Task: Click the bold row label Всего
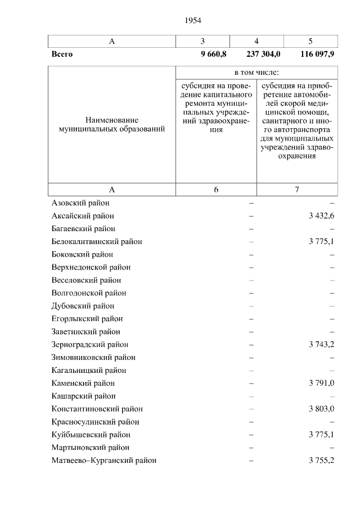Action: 62,55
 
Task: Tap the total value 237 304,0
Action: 263,55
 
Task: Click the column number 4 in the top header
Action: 256,42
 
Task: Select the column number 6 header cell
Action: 216,190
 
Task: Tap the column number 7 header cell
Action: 297,190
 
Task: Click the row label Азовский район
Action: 80,203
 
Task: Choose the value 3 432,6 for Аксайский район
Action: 322,216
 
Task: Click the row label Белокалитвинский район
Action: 97,242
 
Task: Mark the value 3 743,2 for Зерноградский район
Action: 322,345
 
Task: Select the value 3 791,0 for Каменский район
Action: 322,384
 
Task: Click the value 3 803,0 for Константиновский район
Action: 322,409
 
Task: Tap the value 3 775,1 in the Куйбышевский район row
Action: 322,435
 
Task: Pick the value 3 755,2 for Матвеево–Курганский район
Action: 322,461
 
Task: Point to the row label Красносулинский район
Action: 95,422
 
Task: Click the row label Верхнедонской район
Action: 91,268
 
